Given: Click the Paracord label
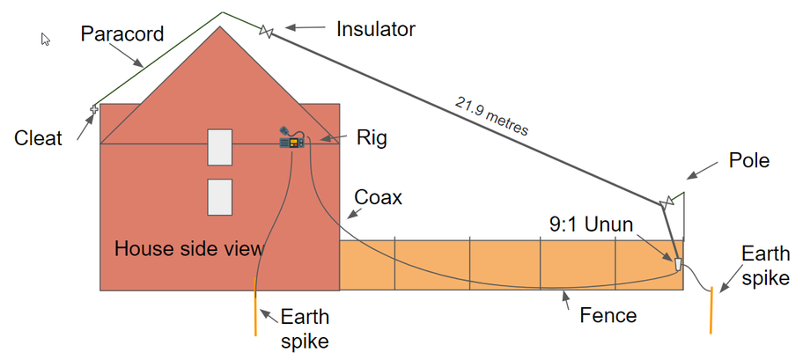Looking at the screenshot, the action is pyautogui.click(x=122, y=33).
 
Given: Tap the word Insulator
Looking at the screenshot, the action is pyautogui.click(x=376, y=29).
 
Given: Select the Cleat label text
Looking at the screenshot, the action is pyautogui.click(x=39, y=138).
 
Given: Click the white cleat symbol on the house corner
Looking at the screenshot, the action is pyautogui.click(x=94, y=108).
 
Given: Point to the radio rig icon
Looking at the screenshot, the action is pyautogui.click(x=292, y=138).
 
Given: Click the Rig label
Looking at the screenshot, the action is pyautogui.click(x=372, y=139).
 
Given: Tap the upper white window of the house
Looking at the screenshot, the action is pyautogui.click(x=220, y=147).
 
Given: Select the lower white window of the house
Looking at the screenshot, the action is pyautogui.click(x=220, y=197).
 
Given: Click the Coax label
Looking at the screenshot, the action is pyautogui.click(x=379, y=198).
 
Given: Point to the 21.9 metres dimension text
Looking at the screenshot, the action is pyautogui.click(x=491, y=115).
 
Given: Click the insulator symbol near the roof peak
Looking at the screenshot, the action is pyautogui.click(x=266, y=31).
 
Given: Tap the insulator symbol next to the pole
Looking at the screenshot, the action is pyautogui.click(x=667, y=203).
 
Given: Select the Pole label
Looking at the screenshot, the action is pyautogui.click(x=749, y=161).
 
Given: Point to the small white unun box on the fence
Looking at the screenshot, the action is pyautogui.click(x=678, y=264).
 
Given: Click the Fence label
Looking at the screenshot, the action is pyautogui.click(x=608, y=315).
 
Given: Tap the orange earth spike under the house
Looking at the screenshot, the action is pyautogui.click(x=255, y=306).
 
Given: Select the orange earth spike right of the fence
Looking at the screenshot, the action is pyautogui.click(x=711, y=311).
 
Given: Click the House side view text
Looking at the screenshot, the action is pyautogui.click(x=189, y=249).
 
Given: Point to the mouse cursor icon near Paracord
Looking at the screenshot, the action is pyautogui.click(x=46, y=40).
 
